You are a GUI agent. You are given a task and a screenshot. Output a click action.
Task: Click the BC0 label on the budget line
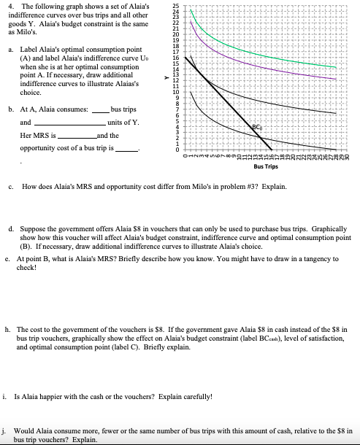click(297, 128)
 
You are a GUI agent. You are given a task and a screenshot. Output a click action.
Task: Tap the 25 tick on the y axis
click(175, 6)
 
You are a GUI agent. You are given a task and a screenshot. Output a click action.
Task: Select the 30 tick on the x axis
click(348, 155)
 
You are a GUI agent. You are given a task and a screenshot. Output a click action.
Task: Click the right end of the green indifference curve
click(338, 67)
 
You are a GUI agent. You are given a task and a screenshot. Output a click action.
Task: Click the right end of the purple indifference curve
click(338, 79)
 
